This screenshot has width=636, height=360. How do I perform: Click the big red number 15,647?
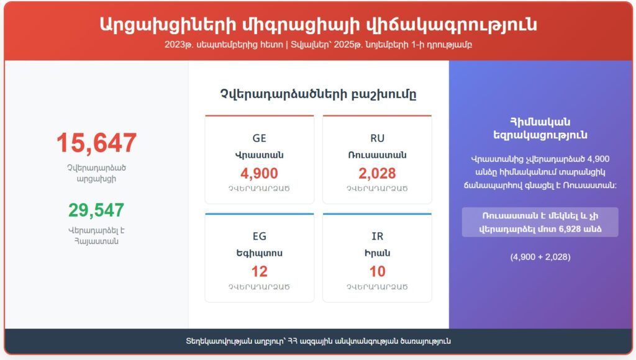[96, 143]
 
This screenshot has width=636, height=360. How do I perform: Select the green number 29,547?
[96, 210]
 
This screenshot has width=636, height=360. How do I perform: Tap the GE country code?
[259, 138]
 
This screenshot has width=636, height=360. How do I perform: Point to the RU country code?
[377, 138]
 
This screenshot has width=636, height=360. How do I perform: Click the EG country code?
[259, 236]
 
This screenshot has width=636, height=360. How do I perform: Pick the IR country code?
[377, 236]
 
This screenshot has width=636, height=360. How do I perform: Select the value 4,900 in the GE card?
[259, 174]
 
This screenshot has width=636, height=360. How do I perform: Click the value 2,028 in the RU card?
[377, 174]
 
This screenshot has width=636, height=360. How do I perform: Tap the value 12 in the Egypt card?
[259, 272]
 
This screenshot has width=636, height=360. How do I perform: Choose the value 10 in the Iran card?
[377, 272]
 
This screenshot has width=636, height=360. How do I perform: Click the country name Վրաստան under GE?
[259, 155]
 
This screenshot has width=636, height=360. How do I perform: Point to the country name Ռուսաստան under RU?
[377, 155]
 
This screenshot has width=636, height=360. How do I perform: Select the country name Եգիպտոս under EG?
[259, 253]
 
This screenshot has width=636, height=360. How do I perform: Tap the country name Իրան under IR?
[377, 253]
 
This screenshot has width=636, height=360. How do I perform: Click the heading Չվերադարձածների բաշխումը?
[319, 94]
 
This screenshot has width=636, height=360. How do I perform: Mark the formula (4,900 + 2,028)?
[540, 257]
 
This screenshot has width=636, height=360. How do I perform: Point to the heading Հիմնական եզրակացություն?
[540, 128]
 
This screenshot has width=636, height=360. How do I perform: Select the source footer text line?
[319, 341]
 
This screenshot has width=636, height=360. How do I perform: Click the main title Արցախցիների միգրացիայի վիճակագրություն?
[319, 25]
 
